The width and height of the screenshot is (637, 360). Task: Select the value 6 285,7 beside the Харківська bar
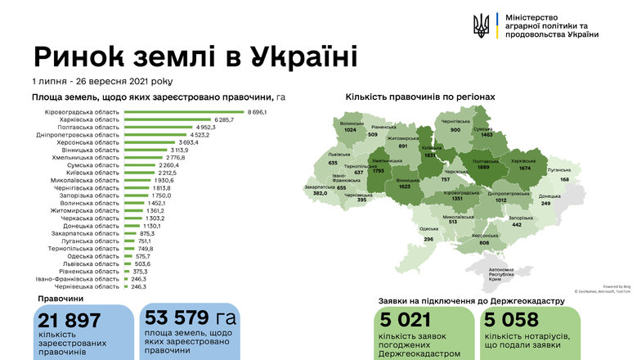click(x=223, y=119)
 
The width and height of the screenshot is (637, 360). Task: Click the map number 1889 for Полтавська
click(x=482, y=169)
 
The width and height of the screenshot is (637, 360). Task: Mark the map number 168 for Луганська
click(x=564, y=179)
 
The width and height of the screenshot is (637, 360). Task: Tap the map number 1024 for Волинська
click(x=351, y=130)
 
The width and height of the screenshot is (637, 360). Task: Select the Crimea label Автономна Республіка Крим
click(x=500, y=274)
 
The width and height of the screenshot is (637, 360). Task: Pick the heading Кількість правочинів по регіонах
click(x=419, y=97)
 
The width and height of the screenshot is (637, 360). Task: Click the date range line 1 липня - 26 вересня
click(x=102, y=81)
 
